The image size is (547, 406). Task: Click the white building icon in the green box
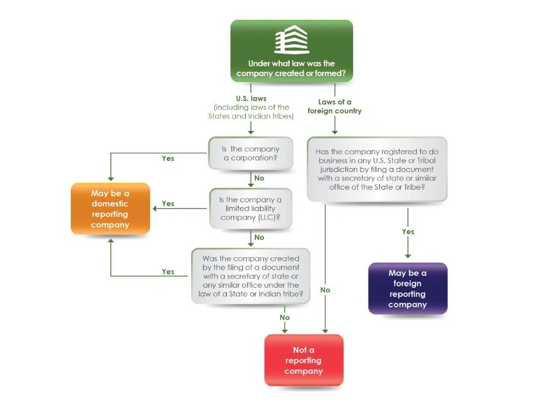[291, 40]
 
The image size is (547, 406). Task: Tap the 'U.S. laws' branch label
[251, 99]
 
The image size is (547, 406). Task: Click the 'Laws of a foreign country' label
[335, 106]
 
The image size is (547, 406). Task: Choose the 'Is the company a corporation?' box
[251, 153]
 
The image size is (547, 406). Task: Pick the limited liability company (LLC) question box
[251, 208]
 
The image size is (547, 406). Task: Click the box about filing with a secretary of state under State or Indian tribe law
[251, 276]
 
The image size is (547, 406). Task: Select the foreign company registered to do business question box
[377, 169]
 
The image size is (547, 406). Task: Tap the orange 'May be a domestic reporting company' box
[110, 209]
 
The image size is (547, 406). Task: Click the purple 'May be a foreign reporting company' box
[407, 288]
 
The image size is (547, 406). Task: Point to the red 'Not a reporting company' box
[304, 360]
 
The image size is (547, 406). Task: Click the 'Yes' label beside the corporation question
[168, 159]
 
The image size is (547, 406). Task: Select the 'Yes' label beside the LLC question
[168, 204]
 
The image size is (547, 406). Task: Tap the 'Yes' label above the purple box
[408, 232]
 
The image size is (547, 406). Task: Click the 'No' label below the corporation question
[259, 178]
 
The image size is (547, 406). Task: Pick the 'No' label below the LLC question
[259, 237]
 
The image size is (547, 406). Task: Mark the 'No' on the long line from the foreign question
[325, 290]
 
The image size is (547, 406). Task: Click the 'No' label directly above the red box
[284, 317]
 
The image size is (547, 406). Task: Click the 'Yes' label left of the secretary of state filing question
[168, 272]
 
